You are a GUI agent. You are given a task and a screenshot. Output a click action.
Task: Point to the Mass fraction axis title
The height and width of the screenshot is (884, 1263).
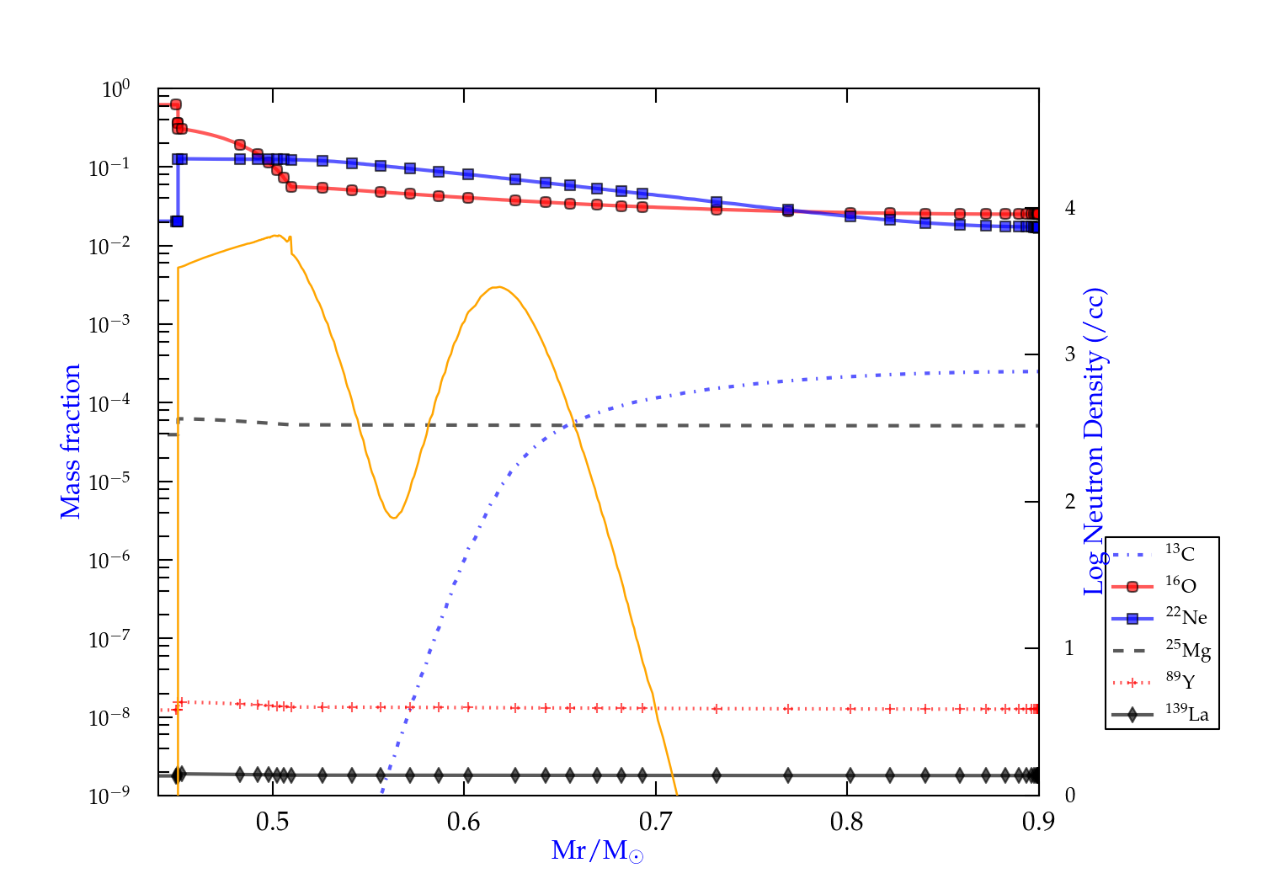tap(70, 441)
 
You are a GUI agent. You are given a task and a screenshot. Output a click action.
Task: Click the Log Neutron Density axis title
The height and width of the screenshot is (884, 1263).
tap(1095, 441)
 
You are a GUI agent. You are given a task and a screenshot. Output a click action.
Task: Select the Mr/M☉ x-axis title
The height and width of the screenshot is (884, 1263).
tap(598, 851)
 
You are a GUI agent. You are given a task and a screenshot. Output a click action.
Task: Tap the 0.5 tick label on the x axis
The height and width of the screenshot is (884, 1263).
tap(273, 822)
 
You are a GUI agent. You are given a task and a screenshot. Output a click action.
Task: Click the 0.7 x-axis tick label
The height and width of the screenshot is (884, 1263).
tap(656, 822)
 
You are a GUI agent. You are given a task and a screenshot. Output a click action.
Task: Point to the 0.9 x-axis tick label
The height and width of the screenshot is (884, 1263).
tap(1038, 822)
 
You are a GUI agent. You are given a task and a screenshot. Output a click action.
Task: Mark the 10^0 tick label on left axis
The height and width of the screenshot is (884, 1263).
tap(115, 89)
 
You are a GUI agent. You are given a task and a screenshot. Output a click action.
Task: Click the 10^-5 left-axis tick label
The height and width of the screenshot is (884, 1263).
tap(109, 482)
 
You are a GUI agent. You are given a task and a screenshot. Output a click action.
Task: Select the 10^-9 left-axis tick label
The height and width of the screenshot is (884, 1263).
tap(109, 796)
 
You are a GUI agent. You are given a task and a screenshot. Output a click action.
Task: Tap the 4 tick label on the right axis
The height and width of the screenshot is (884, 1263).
tap(1070, 208)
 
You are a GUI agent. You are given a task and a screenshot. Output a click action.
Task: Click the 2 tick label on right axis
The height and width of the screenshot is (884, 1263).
tap(1070, 502)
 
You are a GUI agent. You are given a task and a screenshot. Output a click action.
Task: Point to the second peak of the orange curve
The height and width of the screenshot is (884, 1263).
tap(500, 287)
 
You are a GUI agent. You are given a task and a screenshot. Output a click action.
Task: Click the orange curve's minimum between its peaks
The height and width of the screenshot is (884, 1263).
tap(392, 517)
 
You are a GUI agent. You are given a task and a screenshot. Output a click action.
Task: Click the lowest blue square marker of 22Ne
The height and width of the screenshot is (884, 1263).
tap(177, 221)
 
